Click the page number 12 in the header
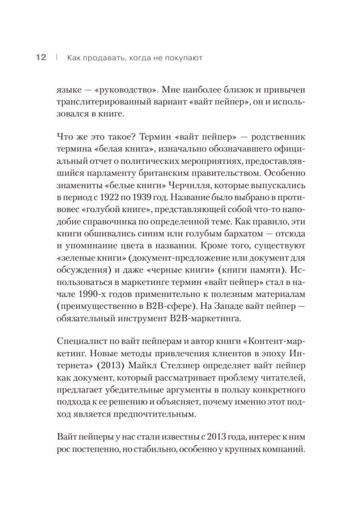pyautogui.click(x=41, y=58)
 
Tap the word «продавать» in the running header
pyautogui.click(x=101, y=58)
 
